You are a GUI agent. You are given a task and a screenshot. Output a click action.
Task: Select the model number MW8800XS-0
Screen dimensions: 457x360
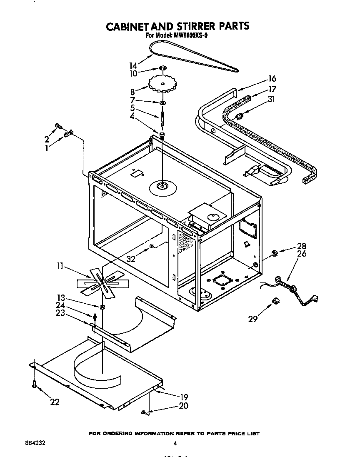[188, 36]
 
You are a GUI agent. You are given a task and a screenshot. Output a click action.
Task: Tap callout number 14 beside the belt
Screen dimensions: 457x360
[133, 65]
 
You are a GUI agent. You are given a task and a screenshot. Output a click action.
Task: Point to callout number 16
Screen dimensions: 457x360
[272, 79]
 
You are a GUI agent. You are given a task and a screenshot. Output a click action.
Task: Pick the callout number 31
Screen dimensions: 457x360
[272, 99]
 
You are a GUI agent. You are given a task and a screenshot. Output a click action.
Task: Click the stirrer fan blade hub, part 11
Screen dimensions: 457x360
[102, 283]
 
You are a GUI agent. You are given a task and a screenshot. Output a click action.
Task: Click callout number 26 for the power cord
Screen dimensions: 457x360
[302, 253]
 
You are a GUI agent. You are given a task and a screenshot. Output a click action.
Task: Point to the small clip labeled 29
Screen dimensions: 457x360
[275, 300]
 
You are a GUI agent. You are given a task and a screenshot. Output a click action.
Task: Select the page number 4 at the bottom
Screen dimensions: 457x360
[175, 443]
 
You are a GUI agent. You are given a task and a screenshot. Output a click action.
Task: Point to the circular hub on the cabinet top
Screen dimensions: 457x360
[163, 187]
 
